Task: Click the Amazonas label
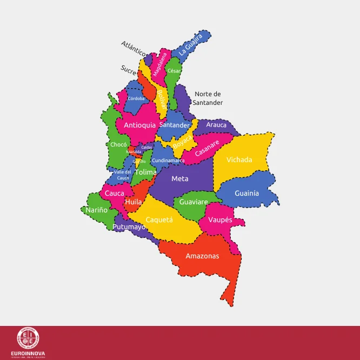(x=202, y=256)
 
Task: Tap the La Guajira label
(x=191, y=45)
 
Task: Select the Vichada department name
(x=239, y=160)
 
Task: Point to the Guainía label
(x=246, y=193)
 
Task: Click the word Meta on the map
(x=180, y=178)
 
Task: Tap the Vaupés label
(x=221, y=220)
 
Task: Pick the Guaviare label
(x=194, y=202)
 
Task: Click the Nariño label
(x=97, y=210)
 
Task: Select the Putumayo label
(x=129, y=227)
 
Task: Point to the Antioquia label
(x=140, y=125)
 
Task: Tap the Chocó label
(x=118, y=144)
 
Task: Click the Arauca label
(x=216, y=125)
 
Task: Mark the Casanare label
(x=207, y=149)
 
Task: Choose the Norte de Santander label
(x=208, y=98)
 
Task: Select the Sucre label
(x=128, y=69)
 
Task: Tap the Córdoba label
(x=136, y=98)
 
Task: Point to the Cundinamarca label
(x=168, y=161)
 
